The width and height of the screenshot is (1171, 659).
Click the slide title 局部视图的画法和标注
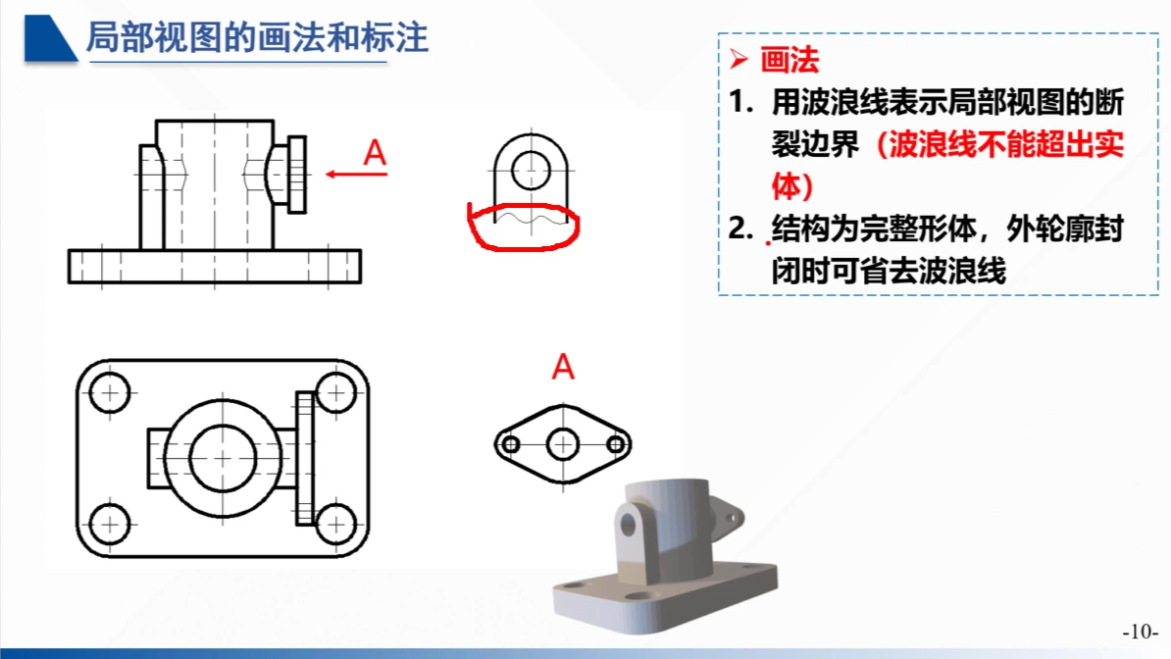(x=257, y=38)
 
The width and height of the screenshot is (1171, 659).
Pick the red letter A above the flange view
(x=562, y=367)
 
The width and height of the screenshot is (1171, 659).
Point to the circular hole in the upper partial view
(x=531, y=169)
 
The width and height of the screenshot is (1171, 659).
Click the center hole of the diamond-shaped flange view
(x=562, y=444)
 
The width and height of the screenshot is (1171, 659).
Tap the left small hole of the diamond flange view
(x=510, y=444)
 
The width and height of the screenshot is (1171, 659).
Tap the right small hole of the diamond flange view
(x=615, y=444)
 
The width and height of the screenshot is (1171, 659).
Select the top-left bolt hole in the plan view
(x=110, y=393)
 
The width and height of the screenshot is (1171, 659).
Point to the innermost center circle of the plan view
(x=223, y=458)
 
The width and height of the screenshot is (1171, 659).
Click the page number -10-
(x=1140, y=631)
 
